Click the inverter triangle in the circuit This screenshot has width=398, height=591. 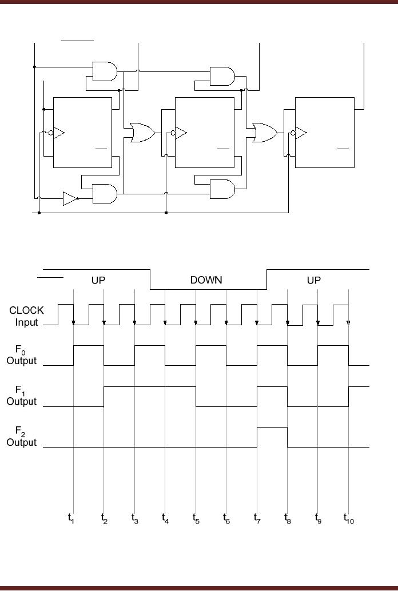(70, 199)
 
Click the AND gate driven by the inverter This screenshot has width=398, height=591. (105, 194)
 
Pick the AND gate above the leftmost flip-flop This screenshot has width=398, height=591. (105, 71)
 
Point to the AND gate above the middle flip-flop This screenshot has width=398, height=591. (222, 75)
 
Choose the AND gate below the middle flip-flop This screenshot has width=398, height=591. (222, 189)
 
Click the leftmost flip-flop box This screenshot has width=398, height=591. (82, 133)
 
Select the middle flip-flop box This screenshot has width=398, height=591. (204, 133)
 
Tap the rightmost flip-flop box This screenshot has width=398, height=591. (325, 133)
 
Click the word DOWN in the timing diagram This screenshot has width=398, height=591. (206, 280)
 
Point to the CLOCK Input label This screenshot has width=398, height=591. (26, 316)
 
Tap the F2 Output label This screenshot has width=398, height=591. (22, 437)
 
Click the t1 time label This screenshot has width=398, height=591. (71, 518)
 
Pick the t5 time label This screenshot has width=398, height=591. (195, 518)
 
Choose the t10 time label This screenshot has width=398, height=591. (349, 518)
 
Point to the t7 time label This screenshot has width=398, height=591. (257, 518)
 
